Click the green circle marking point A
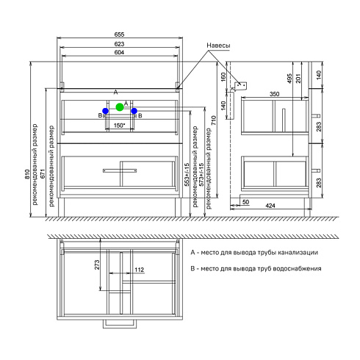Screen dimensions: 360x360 pos(120,107)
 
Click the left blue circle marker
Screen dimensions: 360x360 pos(106,111)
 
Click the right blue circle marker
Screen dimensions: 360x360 pos(134,111)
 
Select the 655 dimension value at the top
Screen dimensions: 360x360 pos(119,35)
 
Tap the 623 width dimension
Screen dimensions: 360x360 pos(119,44)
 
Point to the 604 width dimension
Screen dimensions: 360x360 pos(119,52)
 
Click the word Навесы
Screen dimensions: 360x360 pos(218,46)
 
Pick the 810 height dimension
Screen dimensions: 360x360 pos(27,174)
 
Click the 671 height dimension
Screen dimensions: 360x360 pos(43,173)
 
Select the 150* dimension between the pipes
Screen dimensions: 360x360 pos(120,126)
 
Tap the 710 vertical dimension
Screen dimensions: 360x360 pos(214,120)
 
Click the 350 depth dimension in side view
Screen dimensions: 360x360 pos(274,94)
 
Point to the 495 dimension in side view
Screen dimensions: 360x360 pos(289,79)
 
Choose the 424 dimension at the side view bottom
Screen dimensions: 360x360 pos(270,206)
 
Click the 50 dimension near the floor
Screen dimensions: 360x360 pos(245,202)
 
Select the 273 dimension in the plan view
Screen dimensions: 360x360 pos(97,264)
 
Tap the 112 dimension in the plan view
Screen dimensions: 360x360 pos(139,270)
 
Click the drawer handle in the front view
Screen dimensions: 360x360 pos(120,170)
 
